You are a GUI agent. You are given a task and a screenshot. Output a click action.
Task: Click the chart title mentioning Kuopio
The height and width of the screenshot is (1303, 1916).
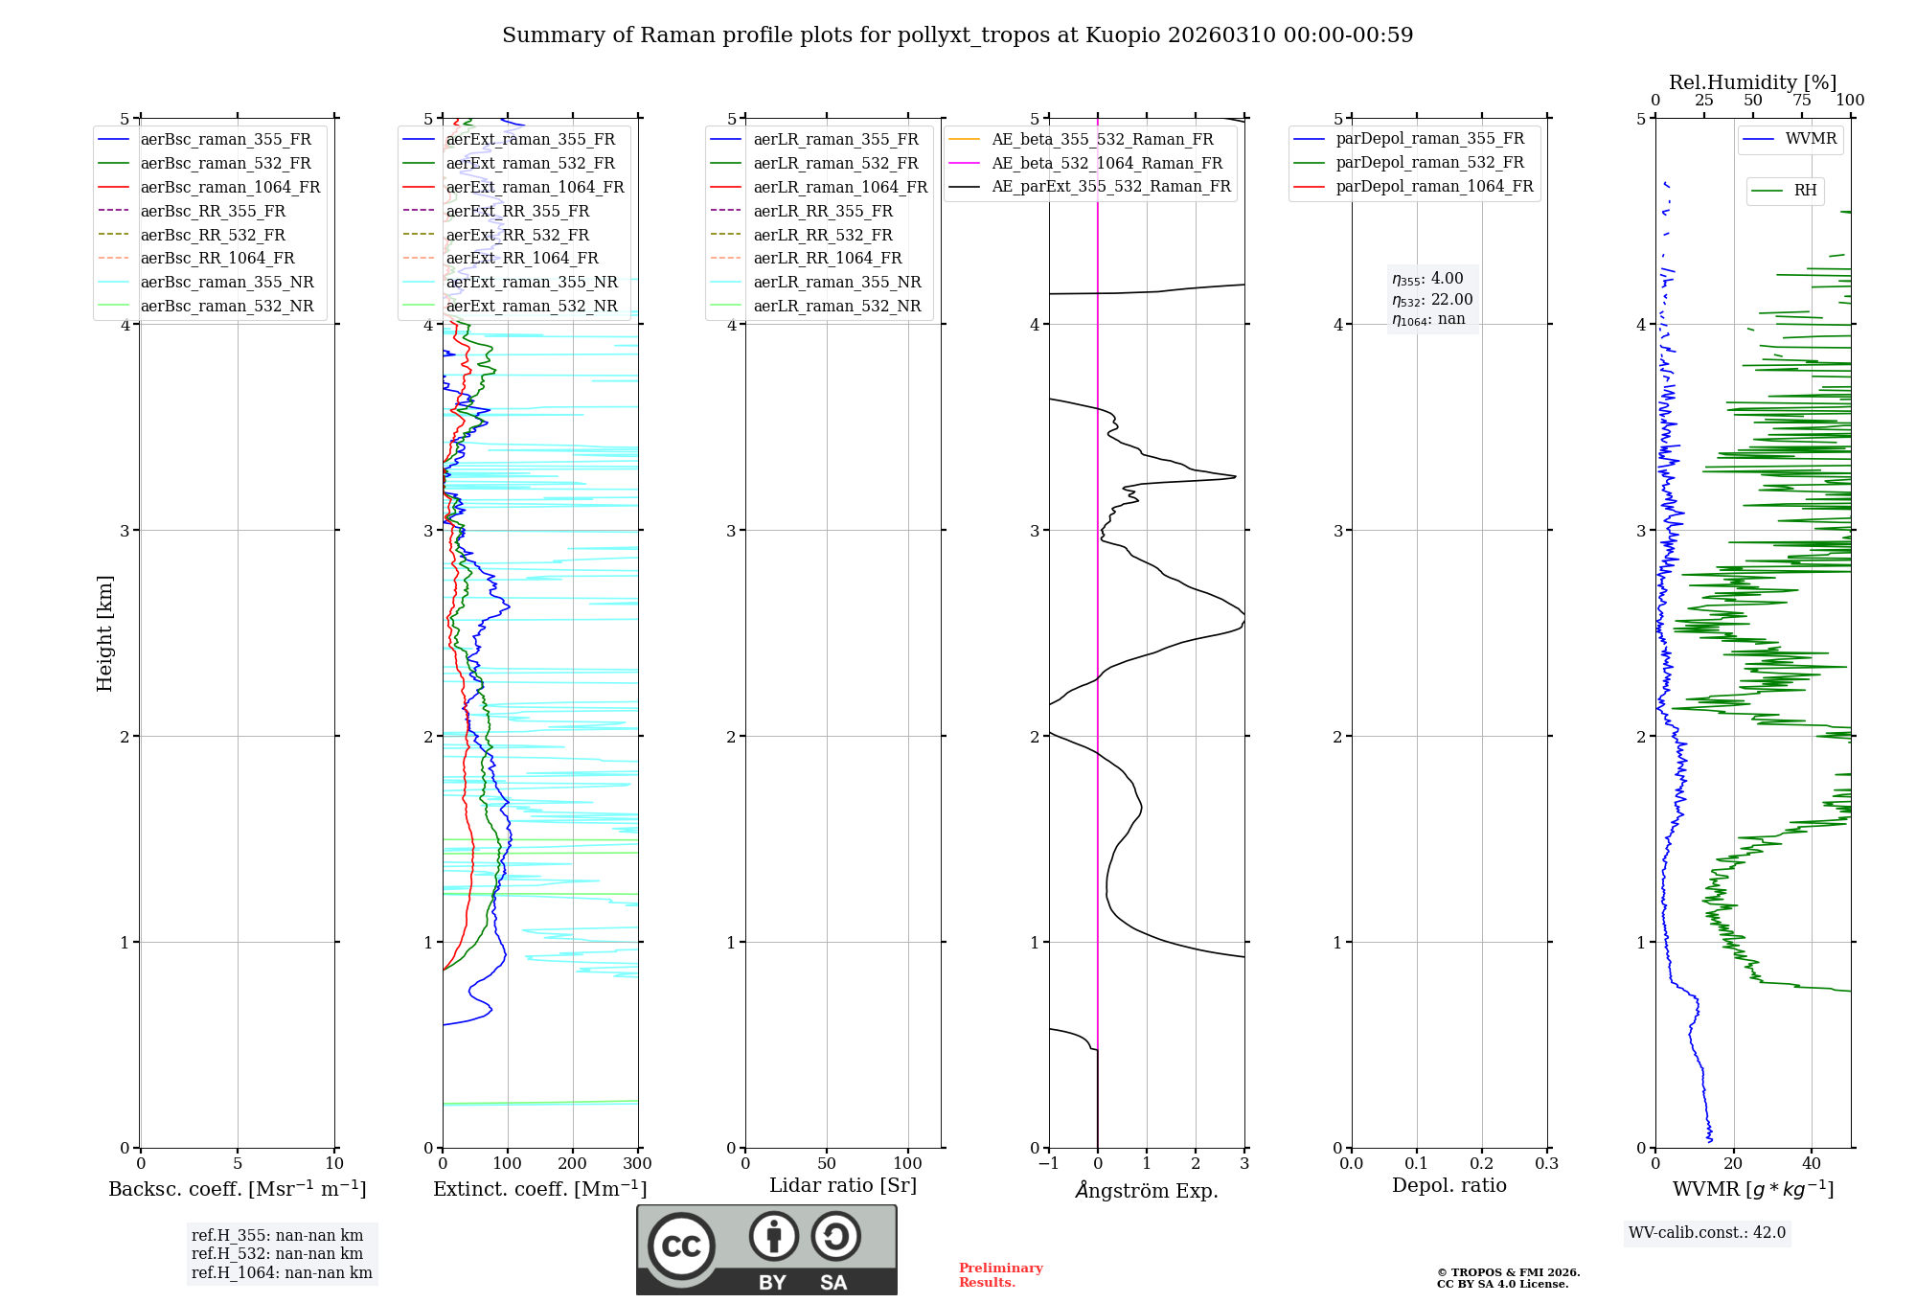pyautogui.click(x=957, y=35)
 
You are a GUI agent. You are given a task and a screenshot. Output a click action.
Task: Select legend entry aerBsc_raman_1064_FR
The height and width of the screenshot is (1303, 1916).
pyautogui.click(x=230, y=187)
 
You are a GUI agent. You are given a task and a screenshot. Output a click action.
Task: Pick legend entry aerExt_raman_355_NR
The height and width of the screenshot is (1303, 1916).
pyautogui.click(x=532, y=282)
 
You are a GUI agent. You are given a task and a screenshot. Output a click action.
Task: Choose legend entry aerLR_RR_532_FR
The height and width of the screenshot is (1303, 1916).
pyautogui.click(x=823, y=235)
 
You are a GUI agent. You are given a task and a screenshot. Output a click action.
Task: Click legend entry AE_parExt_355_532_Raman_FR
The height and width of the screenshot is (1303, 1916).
pyautogui.click(x=1111, y=186)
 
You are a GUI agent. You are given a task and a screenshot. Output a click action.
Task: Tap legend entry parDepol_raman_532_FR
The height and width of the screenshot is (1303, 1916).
pyautogui.click(x=1429, y=163)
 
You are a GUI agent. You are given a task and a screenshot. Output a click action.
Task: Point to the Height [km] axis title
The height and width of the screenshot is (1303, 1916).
pyautogui.click(x=104, y=633)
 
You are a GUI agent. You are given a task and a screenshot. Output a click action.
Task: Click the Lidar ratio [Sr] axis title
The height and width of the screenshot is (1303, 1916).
pyautogui.click(x=843, y=1185)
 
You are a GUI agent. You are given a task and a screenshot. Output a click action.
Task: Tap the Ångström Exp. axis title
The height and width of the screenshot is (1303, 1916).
pyautogui.click(x=1147, y=1191)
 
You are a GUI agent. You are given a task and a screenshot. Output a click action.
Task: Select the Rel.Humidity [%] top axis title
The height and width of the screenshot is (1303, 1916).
pyautogui.click(x=1752, y=82)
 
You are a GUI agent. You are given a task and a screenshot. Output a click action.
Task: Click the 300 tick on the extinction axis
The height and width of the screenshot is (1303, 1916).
pyautogui.click(x=637, y=1164)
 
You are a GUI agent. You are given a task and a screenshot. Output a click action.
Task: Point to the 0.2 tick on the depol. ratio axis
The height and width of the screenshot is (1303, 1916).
pyautogui.click(x=1481, y=1164)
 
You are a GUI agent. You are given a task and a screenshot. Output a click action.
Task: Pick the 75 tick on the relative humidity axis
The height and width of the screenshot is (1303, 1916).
pyautogui.click(x=1802, y=101)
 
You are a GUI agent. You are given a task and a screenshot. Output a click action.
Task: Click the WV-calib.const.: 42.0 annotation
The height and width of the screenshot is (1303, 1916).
pyautogui.click(x=1707, y=1232)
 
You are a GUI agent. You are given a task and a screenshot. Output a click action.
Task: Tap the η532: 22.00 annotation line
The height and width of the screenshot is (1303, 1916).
pyautogui.click(x=1432, y=300)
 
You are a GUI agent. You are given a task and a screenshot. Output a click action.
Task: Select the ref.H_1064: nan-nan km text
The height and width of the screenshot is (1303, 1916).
pyautogui.click(x=282, y=1272)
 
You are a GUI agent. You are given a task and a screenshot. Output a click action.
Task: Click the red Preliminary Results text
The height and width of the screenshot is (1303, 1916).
pyautogui.click(x=1000, y=1275)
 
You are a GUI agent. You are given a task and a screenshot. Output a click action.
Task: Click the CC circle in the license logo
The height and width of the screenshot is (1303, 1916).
pyautogui.click(x=681, y=1246)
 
